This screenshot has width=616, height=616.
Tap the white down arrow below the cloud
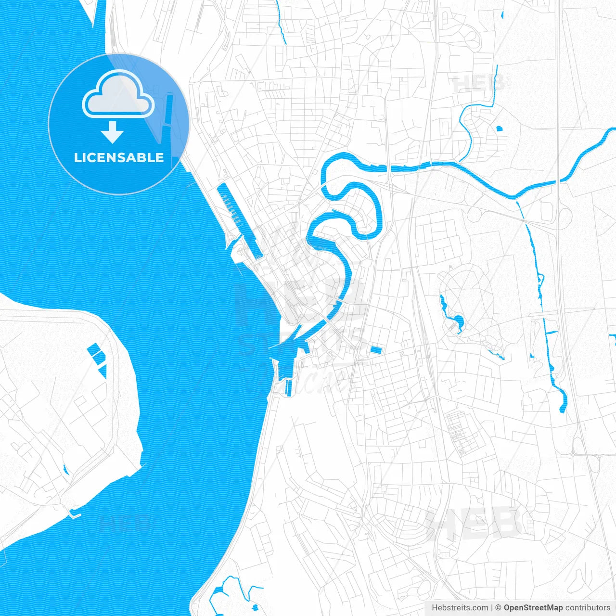point(113,133)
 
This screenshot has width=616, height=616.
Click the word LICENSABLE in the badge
point(118,157)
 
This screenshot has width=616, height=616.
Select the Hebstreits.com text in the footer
point(460,608)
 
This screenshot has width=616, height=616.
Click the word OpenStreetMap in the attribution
point(533,608)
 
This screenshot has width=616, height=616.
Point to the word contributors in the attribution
point(588,608)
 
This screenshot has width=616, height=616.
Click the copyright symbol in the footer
point(499,608)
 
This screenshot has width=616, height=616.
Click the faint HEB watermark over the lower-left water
point(124,523)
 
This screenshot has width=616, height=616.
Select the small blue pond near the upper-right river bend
point(499,128)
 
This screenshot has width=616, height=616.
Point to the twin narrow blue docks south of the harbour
point(288,387)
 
